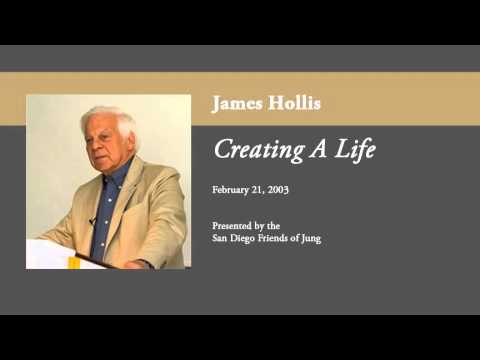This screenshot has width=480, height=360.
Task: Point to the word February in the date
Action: pos(233,189)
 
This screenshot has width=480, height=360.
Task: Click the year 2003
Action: pos(289,189)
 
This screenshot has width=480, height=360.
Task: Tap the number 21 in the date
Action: pos(265,189)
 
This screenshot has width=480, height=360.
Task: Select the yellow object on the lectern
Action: pos(72,262)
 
